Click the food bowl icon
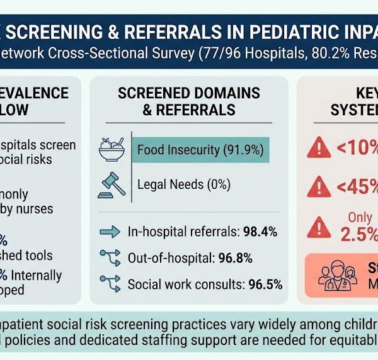click(112, 149)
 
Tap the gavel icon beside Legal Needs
click(112, 185)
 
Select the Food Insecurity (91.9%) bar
click(200, 150)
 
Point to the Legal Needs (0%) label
click(184, 184)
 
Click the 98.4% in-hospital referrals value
click(260, 232)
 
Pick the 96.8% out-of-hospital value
click(235, 258)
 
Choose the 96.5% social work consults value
click(265, 284)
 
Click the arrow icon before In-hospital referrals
click(110, 232)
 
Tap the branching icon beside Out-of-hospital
click(110, 258)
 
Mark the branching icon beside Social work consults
click(110, 284)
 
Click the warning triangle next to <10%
click(319, 147)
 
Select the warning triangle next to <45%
click(319, 187)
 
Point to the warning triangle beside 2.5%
click(319, 227)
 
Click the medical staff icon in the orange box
click(338, 276)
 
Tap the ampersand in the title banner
click(113, 32)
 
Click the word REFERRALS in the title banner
click(173, 32)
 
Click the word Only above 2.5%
click(360, 217)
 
